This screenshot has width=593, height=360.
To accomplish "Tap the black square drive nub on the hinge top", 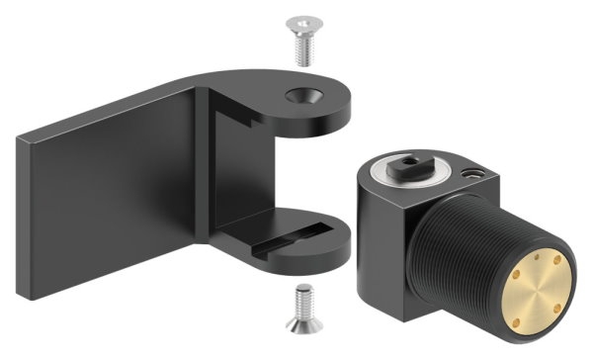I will click(x=406, y=164).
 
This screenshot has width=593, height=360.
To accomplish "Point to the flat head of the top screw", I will click(x=300, y=21).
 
